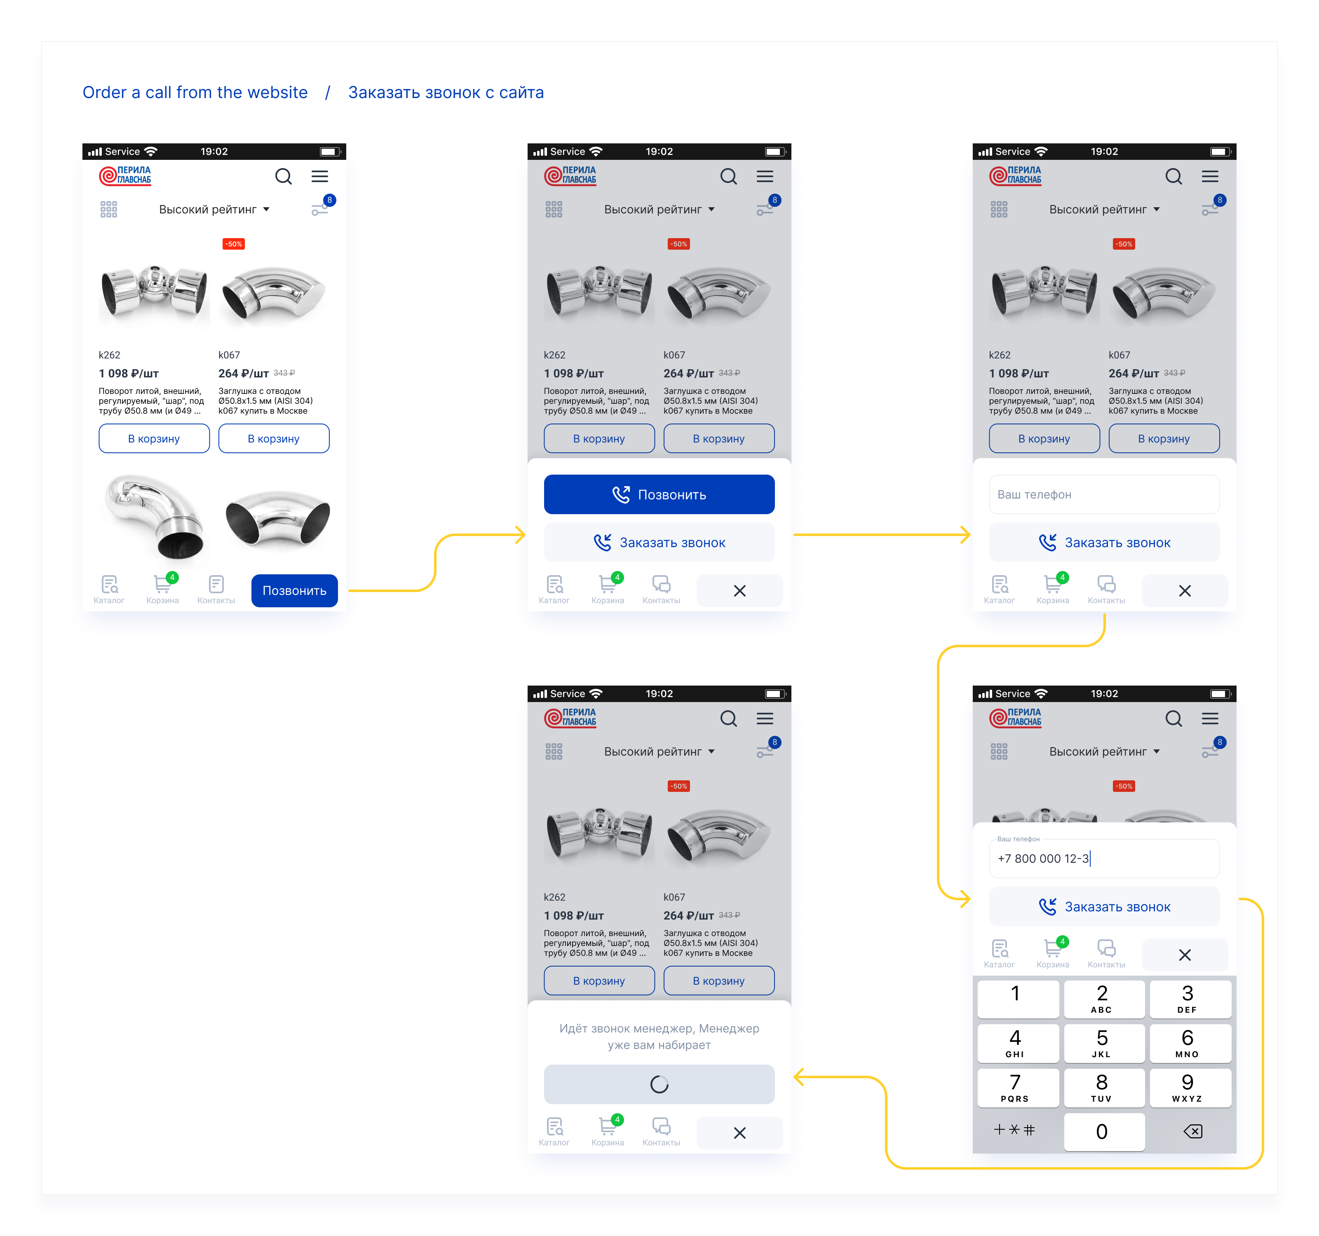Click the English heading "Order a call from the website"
[x=195, y=92]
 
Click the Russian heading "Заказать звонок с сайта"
[x=446, y=92]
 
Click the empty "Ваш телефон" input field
[x=1104, y=494]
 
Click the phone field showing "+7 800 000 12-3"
[x=1104, y=858]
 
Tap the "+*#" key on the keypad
[x=1014, y=1130]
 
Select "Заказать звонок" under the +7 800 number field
[x=1104, y=906]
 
